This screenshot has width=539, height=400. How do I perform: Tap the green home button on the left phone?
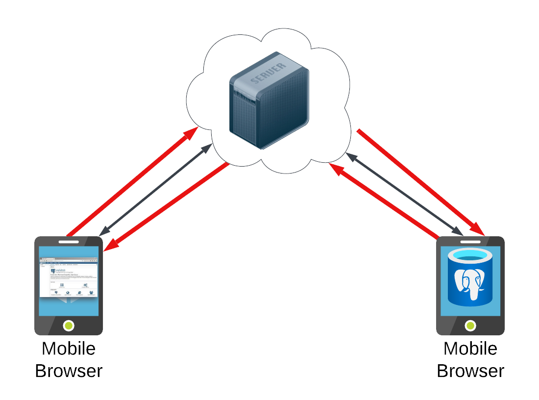click(x=69, y=325)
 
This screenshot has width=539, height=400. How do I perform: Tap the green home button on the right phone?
click(x=470, y=325)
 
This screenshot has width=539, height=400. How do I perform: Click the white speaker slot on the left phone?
click(x=69, y=242)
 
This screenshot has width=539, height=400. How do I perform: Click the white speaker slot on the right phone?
click(x=470, y=242)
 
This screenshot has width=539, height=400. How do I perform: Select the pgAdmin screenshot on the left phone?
click(x=69, y=276)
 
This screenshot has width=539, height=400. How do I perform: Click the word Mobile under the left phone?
click(x=69, y=349)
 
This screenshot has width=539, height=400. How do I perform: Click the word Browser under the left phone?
click(x=69, y=371)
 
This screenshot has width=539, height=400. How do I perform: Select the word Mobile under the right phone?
click(x=470, y=349)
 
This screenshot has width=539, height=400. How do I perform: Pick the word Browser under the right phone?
click(x=470, y=371)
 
